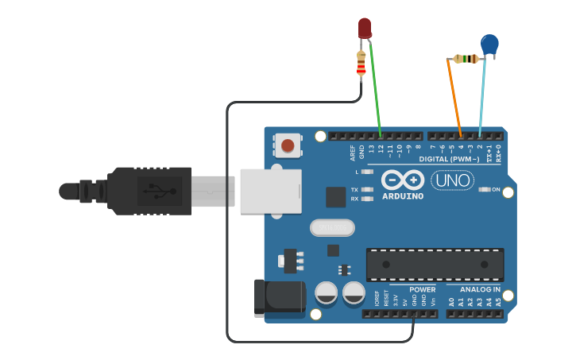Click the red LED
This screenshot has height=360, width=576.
pos(365,28)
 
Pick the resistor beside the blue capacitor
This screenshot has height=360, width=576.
pos(466,58)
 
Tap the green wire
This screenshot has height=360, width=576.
pos(375,87)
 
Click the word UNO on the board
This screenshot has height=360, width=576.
pos(452,181)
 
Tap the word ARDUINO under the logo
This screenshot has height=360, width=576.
pos(403,196)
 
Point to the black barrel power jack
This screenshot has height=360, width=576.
pos(278,297)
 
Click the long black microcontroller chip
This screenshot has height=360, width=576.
pos(435,264)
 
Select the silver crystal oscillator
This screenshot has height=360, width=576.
pos(331,228)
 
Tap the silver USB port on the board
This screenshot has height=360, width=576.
pos(270,191)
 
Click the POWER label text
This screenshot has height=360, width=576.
pos(422,290)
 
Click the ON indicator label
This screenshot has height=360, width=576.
pos(495,190)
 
